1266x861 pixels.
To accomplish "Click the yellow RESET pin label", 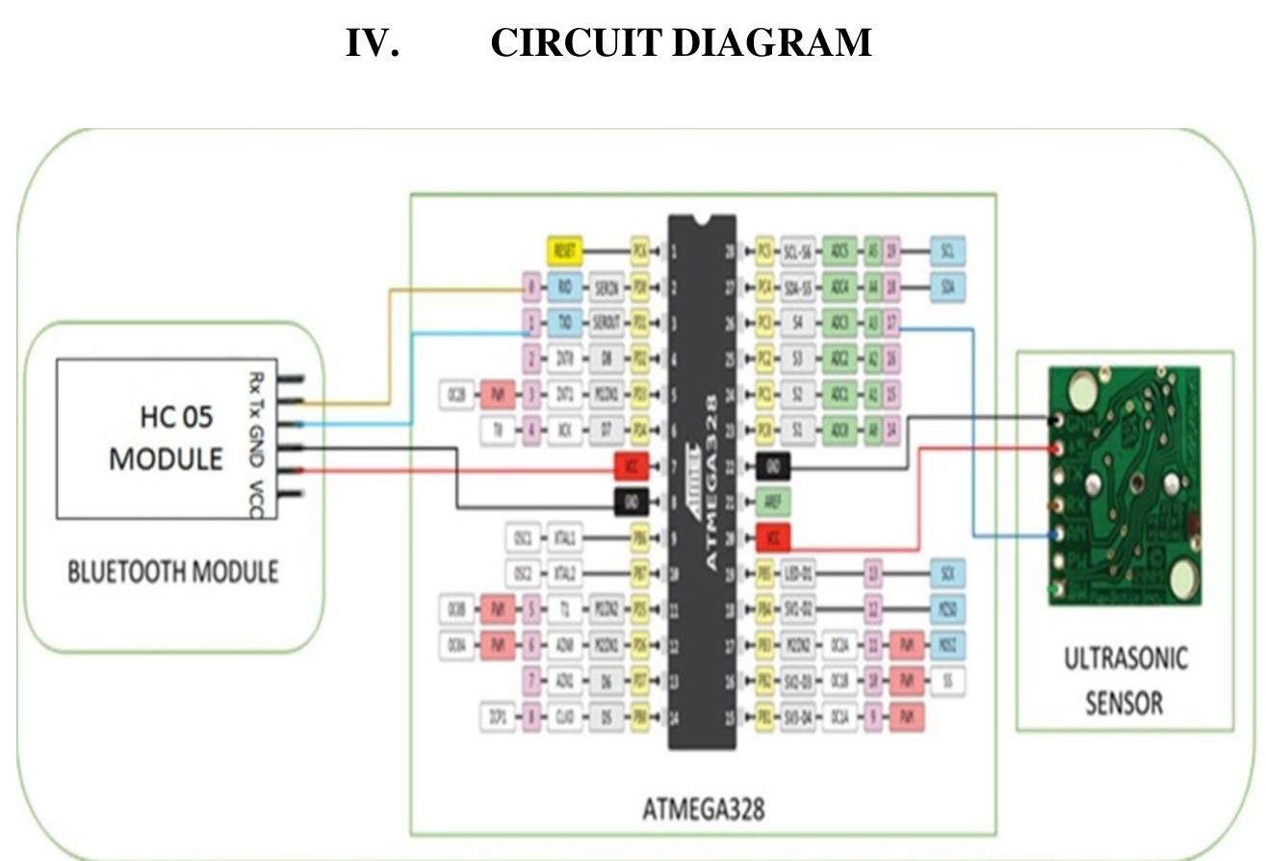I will pos(565,251).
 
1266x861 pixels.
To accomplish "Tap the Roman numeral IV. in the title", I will pos(372,43).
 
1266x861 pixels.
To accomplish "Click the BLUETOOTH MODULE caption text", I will pos(172,572).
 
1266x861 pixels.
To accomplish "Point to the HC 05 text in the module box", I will pos(176,417).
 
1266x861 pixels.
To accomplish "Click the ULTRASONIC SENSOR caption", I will pos(1124,680).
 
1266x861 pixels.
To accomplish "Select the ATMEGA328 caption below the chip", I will pos(703,808).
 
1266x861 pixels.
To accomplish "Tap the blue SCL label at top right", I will pos(947,251).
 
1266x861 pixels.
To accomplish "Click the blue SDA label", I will pos(947,287).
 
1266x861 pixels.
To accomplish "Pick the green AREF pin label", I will pos(774,502).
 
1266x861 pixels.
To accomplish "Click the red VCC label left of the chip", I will pos(632,467).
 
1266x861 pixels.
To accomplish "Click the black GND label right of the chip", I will pos(773,467).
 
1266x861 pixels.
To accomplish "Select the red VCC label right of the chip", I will pos(773,537).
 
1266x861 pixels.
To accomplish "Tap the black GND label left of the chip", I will pos(632,502).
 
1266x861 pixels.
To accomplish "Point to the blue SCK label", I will pos(947,574).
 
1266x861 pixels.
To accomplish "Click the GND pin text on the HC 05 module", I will pos(256,448).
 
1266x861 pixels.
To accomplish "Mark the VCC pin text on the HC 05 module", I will pos(256,497).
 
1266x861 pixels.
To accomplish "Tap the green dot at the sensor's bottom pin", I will pos(1057,589).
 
